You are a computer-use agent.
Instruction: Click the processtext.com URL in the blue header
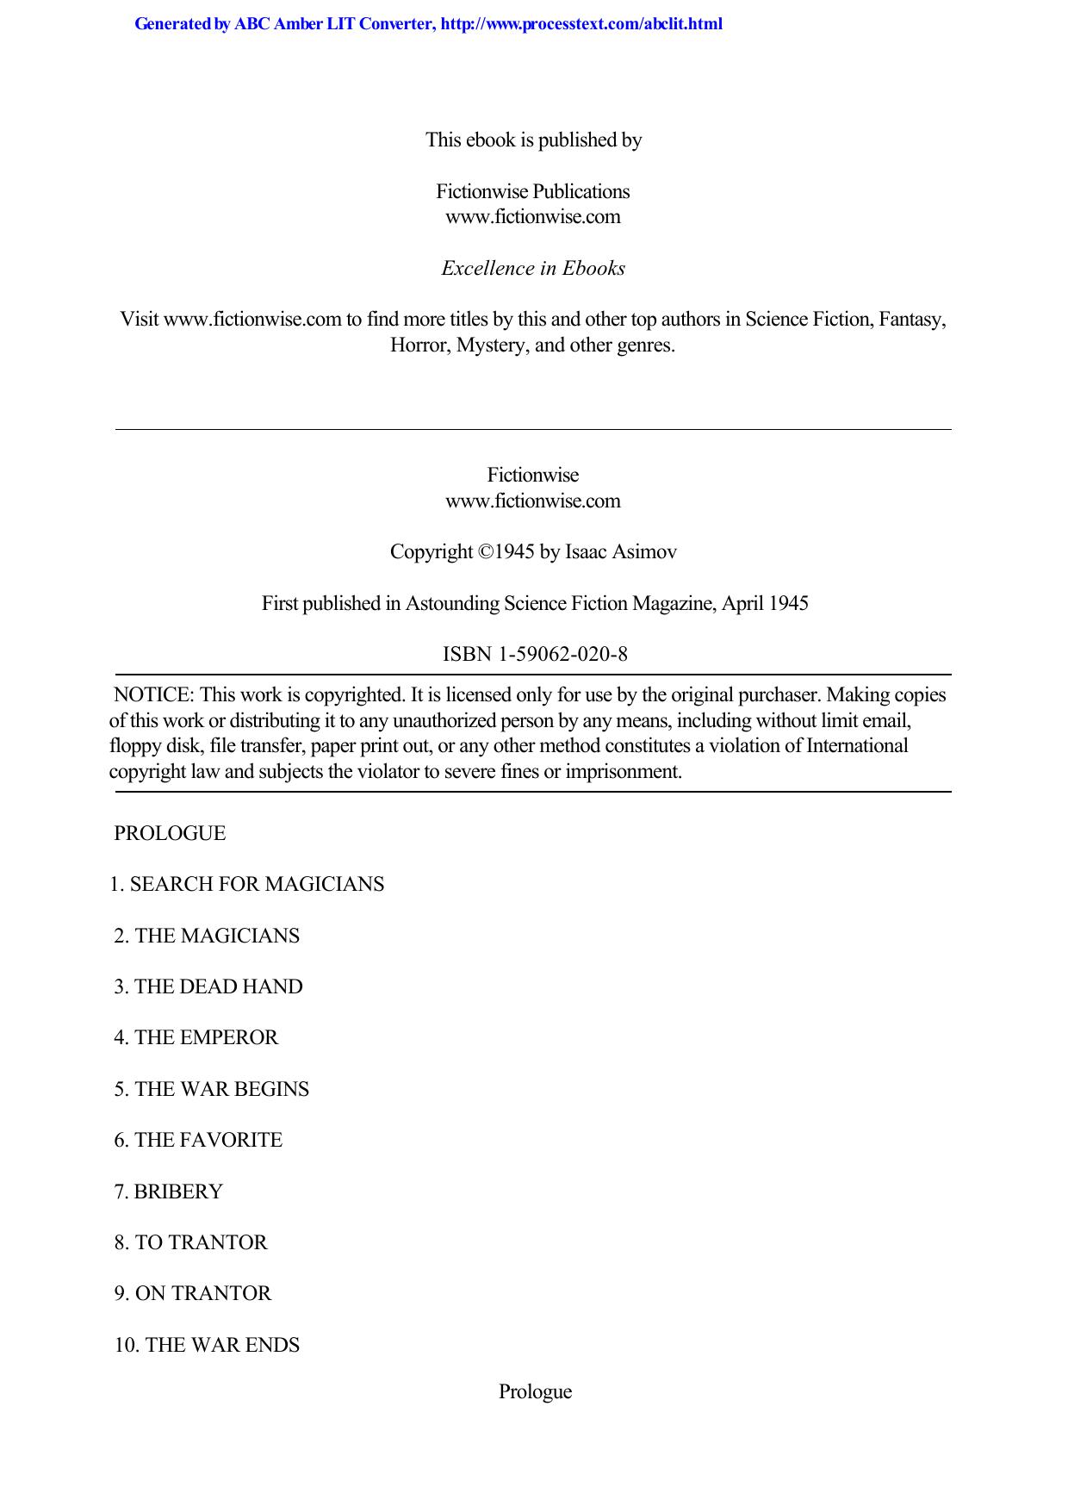(x=581, y=24)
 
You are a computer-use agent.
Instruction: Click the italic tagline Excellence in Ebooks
(x=533, y=268)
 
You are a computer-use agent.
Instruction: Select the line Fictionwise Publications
(x=533, y=191)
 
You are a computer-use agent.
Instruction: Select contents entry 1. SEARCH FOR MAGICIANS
(x=247, y=885)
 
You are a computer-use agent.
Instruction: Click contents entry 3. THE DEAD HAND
(x=208, y=986)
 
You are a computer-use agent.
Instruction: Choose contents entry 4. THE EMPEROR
(x=196, y=1037)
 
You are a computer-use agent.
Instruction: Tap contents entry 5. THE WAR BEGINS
(x=212, y=1089)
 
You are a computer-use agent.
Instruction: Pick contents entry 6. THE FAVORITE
(x=198, y=1140)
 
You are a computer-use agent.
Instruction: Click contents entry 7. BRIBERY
(x=169, y=1192)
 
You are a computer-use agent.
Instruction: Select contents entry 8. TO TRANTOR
(x=191, y=1242)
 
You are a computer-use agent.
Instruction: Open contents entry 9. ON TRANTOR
(x=193, y=1293)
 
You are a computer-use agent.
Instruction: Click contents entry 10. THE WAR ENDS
(x=207, y=1345)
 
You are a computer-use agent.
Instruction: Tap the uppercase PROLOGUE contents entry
(x=170, y=834)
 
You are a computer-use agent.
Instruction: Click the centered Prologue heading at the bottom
(x=535, y=1391)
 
